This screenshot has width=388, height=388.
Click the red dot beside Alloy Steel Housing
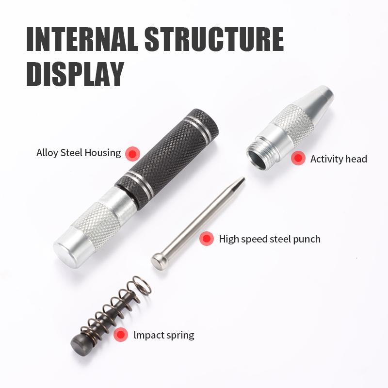click(x=132, y=154)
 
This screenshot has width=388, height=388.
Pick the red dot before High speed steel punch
click(x=207, y=239)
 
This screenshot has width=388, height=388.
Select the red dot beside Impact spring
click(x=121, y=335)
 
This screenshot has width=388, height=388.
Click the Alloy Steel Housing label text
click(x=79, y=153)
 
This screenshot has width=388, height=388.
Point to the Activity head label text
click(x=339, y=159)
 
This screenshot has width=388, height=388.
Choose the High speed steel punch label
click(x=269, y=239)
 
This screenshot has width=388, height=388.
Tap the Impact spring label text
click(x=163, y=335)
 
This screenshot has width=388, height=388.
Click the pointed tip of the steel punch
click(x=242, y=180)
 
